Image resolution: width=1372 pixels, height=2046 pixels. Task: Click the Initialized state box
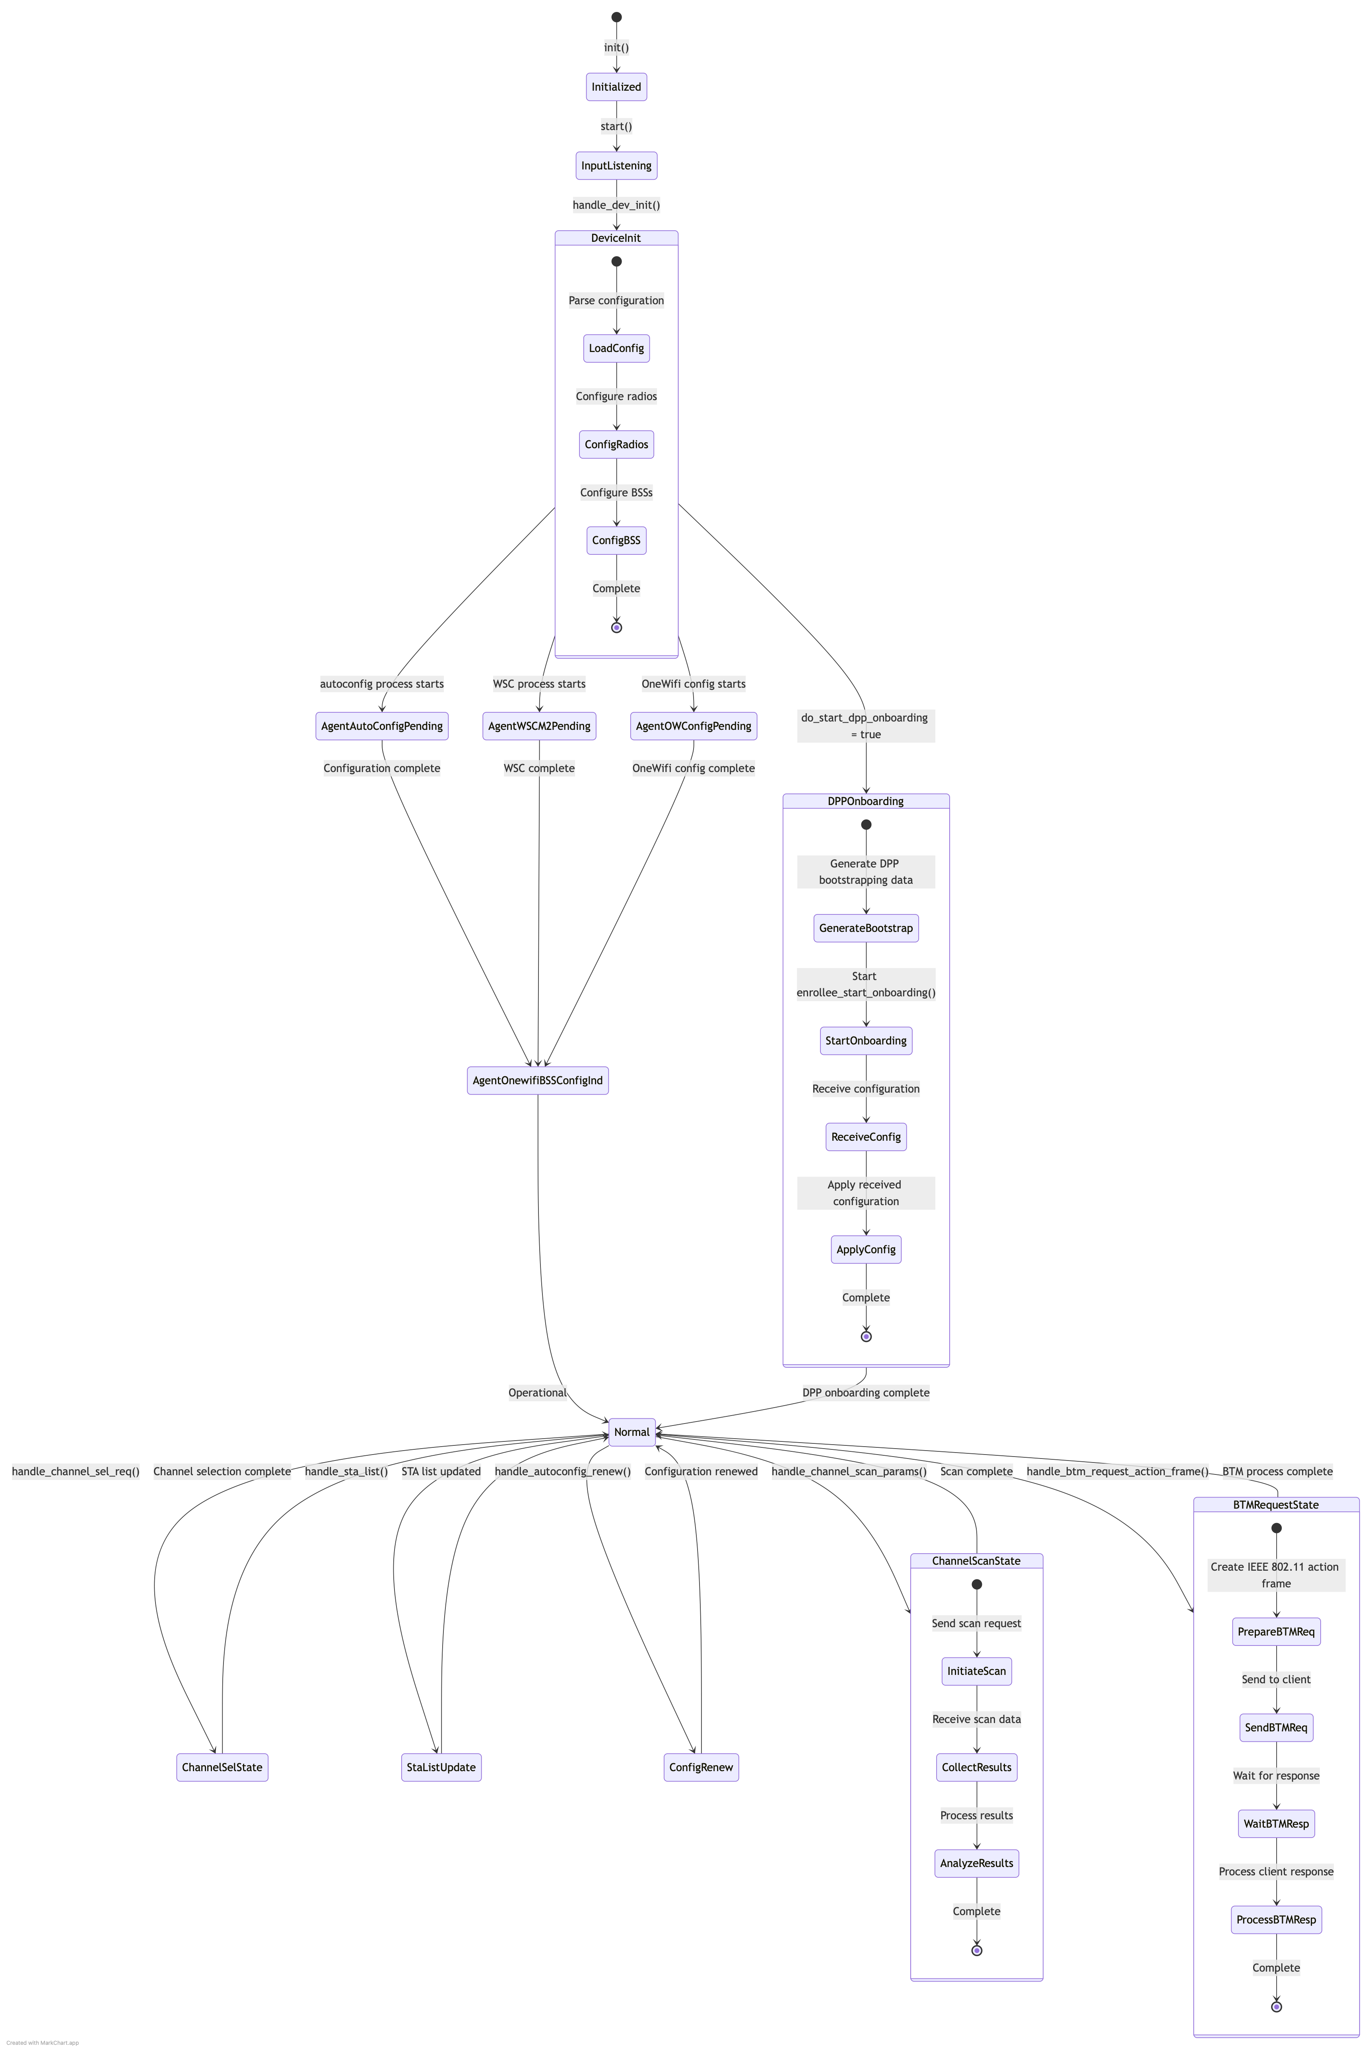pos(616,87)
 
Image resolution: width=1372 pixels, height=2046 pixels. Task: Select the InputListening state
pos(616,165)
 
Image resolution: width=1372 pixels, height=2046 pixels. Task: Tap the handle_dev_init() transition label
pos(616,205)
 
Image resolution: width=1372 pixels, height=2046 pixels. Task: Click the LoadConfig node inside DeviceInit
pos(616,348)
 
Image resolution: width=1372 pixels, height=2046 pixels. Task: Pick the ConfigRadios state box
pos(616,445)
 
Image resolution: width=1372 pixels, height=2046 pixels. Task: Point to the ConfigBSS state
pos(616,540)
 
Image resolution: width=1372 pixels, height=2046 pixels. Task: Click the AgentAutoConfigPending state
pos(381,725)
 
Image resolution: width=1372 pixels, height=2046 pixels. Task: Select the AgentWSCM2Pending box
pos(539,725)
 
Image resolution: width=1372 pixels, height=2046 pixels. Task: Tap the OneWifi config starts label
pos(693,683)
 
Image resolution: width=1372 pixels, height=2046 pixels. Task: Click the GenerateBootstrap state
pos(865,928)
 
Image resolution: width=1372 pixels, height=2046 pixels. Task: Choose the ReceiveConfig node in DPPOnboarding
pos(865,1137)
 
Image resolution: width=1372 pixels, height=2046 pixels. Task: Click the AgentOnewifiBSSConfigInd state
pos(537,1080)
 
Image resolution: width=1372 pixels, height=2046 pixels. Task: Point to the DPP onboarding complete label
pos(865,1392)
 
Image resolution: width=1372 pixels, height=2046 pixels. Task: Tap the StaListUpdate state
pos(441,1767)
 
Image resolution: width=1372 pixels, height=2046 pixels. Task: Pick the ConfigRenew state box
pos(701,1767)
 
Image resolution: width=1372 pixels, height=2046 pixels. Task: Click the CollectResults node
pos(976,1767)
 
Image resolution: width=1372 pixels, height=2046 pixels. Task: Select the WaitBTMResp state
pos(1276,1824)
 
